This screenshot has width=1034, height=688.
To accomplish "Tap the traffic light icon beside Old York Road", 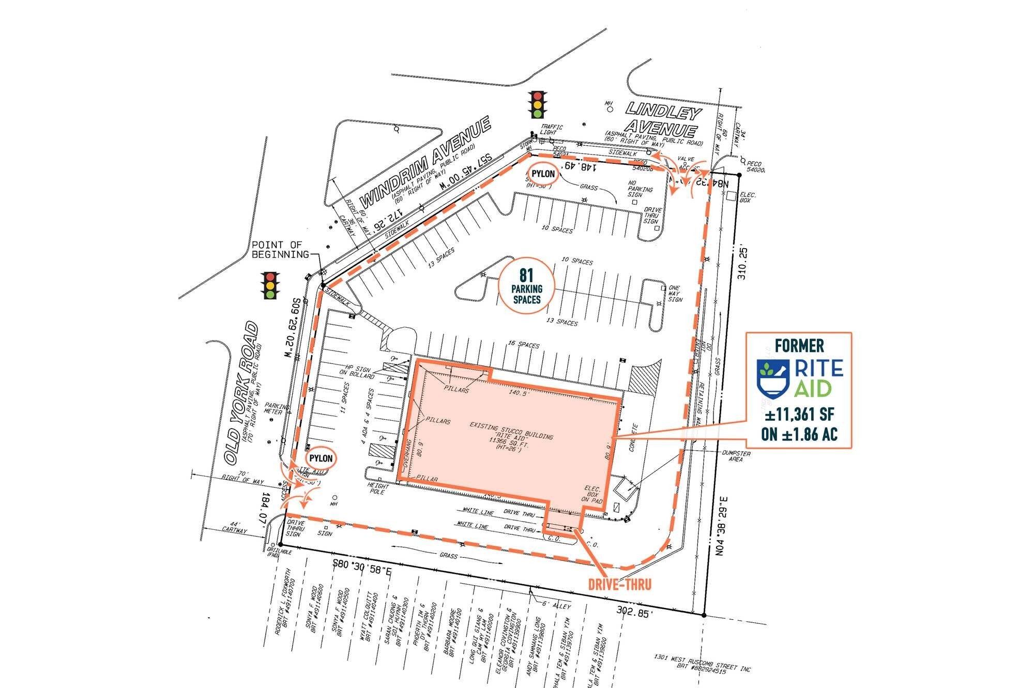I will [x=270, y=286].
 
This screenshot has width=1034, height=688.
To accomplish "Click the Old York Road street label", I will [x=241, y=393].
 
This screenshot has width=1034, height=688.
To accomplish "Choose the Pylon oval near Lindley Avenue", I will [x=543, y=174].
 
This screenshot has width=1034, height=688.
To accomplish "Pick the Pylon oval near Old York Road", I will [x=321, y=458].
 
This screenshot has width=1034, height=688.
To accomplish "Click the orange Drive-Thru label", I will [x=619, y=584].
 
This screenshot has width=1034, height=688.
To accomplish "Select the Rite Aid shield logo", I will [x=773, y=376].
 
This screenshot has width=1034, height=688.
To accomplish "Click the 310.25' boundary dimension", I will [x=742, y=264].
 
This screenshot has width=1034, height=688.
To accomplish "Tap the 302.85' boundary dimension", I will [x=634, y=611].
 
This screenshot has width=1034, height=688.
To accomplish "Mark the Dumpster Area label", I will [x=736, y=456].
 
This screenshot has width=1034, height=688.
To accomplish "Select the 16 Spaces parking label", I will [x=523, y=344].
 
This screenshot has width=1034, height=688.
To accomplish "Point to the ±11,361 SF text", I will [x=799, y=415].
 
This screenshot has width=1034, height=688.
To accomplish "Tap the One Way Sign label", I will [x=675, y=294].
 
